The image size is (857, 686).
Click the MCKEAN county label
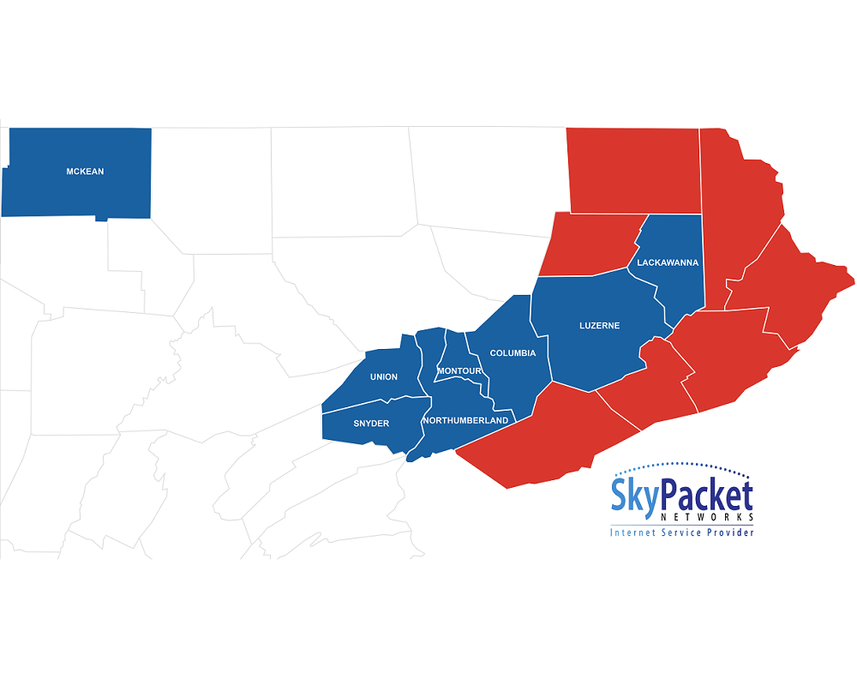click(85, 171)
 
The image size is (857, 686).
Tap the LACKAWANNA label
click(668, 262)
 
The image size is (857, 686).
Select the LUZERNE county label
click(599, 326)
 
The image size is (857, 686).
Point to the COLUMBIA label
click(512, 353)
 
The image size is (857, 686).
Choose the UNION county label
click(383, 377)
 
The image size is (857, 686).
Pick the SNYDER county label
click(371, 424)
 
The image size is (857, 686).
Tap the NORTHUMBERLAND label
click(465, 420)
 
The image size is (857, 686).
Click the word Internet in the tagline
click(633, 533)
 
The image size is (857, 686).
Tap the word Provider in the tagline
click(728, 533)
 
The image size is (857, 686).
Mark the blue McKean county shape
click(51, 193)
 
